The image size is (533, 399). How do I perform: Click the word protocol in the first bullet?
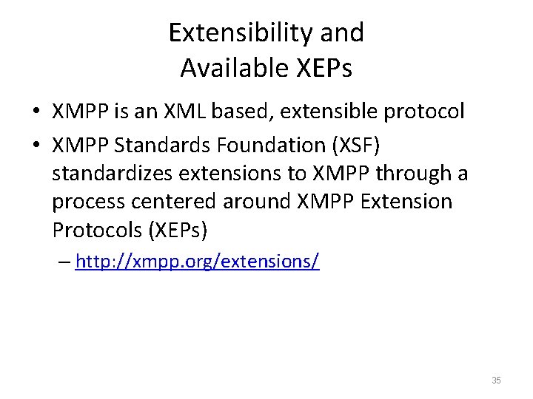tap(429, 112)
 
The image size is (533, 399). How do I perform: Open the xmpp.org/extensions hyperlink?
tap(198, 262)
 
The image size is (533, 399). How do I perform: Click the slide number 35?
tap(496, 381)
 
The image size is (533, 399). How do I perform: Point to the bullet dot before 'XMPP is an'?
tap(36, 112)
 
